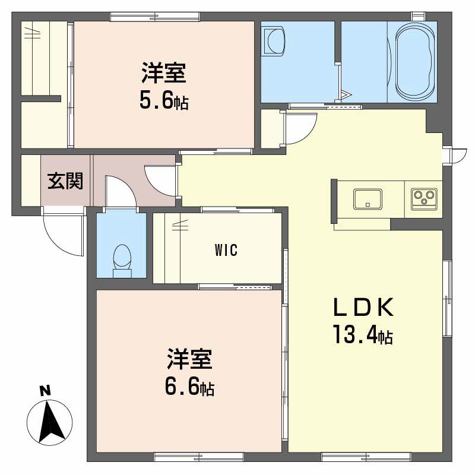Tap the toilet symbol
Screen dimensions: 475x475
click(122, 261)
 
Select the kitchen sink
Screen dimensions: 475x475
click(368, 199)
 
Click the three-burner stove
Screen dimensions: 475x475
click(424, 199)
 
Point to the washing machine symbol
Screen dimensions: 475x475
click(274, 41)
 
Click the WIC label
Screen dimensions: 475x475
click(226, 250)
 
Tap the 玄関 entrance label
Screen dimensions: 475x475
click(65, 181)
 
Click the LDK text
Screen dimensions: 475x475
click(363, 307)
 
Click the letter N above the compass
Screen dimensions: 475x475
click(46, 391)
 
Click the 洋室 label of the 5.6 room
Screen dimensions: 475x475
click(164, 73)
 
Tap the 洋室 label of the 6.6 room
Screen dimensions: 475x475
click(189, 359)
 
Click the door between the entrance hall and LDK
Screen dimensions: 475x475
click(160, 181)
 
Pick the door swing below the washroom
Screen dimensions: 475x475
click(300, 128)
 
